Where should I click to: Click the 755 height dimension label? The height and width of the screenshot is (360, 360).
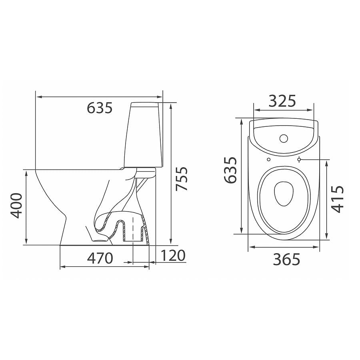pyautogui.click(x=181, y=179)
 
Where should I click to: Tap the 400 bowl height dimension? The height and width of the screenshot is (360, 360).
pyautogui.click(x=16, y=206)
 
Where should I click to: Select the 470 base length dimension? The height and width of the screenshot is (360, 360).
pyautogui.click(x=100, y=258)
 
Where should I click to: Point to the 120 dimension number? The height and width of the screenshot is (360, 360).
pyautogui.click(x=173, y=256)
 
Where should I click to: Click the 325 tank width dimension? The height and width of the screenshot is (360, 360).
pyautogui.click(x=282, y=101)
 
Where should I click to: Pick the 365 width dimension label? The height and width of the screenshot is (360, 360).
pyautogui.click(x=286, y=260)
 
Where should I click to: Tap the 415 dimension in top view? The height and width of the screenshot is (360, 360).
pyautogui.click(x=338, y=199)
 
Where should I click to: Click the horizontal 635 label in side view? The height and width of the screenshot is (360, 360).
pyautogui.click(x=100, y=108)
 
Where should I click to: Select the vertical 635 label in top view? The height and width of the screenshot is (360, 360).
pyautogui.click(x=230, y=170)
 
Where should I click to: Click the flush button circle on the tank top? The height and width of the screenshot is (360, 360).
pyautogui.click(x=284, y=138)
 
